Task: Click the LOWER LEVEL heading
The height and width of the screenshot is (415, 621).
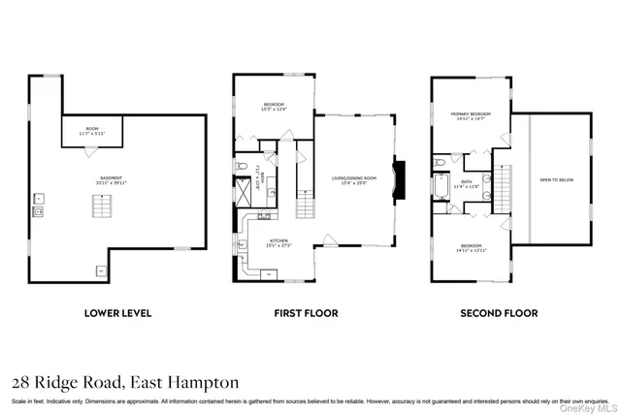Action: pos(118,313)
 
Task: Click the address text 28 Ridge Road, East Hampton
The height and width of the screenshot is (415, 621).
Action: pos(124,382)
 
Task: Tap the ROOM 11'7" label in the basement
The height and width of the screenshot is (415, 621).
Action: pos(93,130)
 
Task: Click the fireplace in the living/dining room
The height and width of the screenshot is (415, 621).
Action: pos(399,179)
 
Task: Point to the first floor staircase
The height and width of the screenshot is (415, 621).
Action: pos(305,206)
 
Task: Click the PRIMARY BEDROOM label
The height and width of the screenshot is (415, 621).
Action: pos(470,115)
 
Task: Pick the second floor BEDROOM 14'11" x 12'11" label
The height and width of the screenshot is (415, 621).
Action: pos(471,247)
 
